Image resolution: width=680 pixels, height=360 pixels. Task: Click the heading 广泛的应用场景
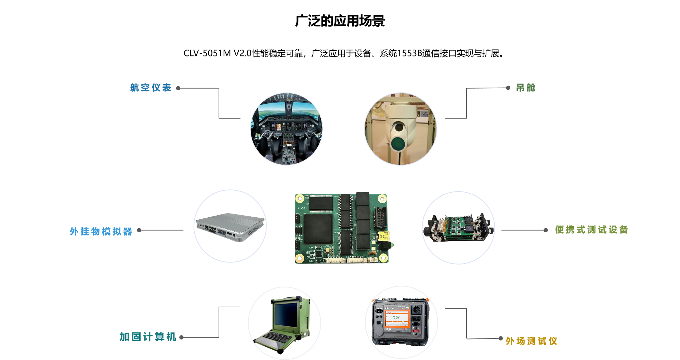click(x=340, y=21)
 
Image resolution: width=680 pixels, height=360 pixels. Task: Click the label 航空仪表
click(x=151, y=88)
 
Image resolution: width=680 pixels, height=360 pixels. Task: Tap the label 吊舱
click(x=526, y=88)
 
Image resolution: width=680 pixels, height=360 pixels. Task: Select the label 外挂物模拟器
click(x=101, y=232)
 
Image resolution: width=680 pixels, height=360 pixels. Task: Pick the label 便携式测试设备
click(x=592, y=230)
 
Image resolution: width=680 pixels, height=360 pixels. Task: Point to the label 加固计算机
click(x=148, y=337)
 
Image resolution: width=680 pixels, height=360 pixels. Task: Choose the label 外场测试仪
click(x=532, y=341)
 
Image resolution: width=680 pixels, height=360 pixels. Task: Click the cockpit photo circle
click(x=287, y=129)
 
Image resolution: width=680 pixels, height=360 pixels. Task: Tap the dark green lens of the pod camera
click(x=398, y=143)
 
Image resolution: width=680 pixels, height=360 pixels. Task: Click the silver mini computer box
click(x=230, y=227)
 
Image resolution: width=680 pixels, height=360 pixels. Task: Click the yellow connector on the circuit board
click(x=384, y=236)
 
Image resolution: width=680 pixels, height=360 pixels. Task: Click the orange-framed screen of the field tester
click(x=397, y=318)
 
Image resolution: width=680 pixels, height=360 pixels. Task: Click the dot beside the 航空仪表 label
click(x=178, y=88)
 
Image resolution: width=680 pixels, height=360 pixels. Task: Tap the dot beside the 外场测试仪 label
click(x=500, y=338)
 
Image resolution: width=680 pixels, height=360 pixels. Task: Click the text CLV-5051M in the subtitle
click(x=207, y=53)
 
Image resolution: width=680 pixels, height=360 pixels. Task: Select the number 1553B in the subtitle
click(x=409, y=53)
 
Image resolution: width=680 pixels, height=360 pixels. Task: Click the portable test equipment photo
click(x=458, y=228)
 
